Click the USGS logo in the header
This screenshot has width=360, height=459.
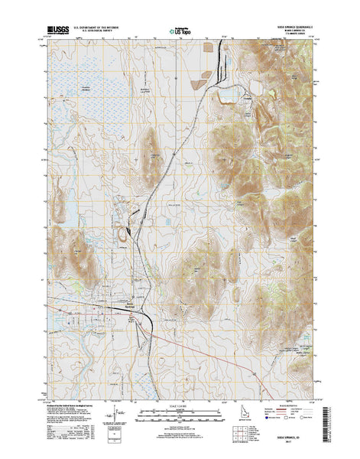click(58, 28)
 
